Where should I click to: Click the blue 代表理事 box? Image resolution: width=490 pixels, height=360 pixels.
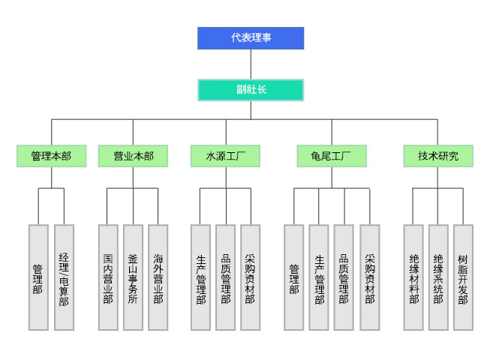pos(251,38)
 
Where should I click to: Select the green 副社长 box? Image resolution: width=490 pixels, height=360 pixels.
pos(251,90)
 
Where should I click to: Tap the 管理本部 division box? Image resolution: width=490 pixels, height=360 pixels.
pos(51,156)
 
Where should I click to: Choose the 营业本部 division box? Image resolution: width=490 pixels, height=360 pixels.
pos(133,156)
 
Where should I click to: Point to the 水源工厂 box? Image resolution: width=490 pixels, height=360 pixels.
pos(226,156)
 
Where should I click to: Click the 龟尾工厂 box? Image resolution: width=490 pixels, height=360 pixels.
pos(332,156)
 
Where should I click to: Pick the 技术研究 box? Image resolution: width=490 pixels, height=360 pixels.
pos(438,156)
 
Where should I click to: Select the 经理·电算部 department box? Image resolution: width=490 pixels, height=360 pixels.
pos(64,277)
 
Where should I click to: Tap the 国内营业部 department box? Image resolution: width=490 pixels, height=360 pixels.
pos(108,277)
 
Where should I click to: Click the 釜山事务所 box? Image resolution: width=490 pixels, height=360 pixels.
pos(133,277)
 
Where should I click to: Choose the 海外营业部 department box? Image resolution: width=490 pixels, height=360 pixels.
pos(158,277)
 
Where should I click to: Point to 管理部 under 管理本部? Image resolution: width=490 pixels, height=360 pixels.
pos(38,277)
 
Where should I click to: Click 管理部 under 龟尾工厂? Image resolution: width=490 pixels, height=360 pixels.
pos(293,277)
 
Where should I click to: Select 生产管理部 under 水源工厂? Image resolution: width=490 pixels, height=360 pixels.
pos(200,277)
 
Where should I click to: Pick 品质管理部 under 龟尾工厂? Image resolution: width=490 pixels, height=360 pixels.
pos(344,277)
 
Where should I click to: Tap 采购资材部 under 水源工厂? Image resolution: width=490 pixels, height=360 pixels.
pos(250,277)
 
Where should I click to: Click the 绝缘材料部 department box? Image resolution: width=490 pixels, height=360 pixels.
pos(413,277)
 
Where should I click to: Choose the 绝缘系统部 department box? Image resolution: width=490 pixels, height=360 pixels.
pos(438,277)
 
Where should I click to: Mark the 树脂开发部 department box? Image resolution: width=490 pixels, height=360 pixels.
pos(463,277)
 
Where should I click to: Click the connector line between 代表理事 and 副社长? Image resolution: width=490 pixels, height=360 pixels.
pos(251,64)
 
